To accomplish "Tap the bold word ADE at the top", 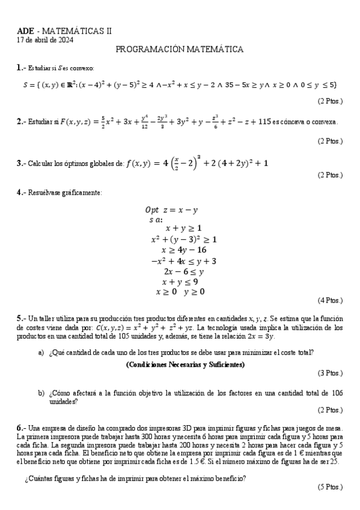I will (x=26, y=31).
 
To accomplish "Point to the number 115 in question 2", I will (x=263, y=121).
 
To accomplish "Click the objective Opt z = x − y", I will (x=172, y=210).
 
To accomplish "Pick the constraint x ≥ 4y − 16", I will (x=184, y=250).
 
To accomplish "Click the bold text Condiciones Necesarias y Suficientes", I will (x=185, y=364).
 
